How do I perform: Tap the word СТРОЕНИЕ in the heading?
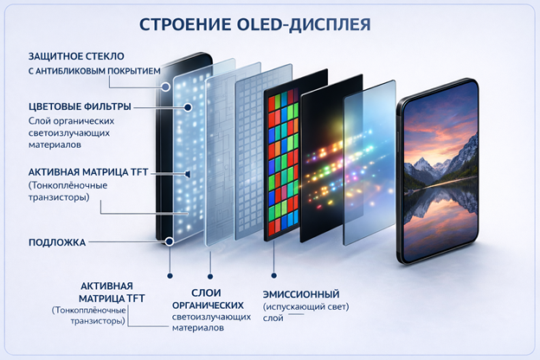point(185,24)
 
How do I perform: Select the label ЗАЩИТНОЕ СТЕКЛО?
point(76,56)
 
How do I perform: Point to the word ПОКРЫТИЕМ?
point(134,71)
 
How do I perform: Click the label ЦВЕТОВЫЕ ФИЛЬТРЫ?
point(80,106)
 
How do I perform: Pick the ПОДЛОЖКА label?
point(57,242)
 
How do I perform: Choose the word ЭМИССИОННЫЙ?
point(301,294)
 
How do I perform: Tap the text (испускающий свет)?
point(305,306)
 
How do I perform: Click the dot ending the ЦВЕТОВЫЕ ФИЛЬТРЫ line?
point(188,107)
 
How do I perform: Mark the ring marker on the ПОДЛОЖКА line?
point(169,241)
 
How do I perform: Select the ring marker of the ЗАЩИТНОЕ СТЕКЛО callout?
point(166,87)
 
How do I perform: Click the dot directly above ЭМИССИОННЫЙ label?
point(273,275)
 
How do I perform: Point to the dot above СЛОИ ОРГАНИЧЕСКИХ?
point(210,276)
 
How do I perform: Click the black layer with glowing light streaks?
point(331,158)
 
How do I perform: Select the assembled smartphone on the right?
point(438,171)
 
